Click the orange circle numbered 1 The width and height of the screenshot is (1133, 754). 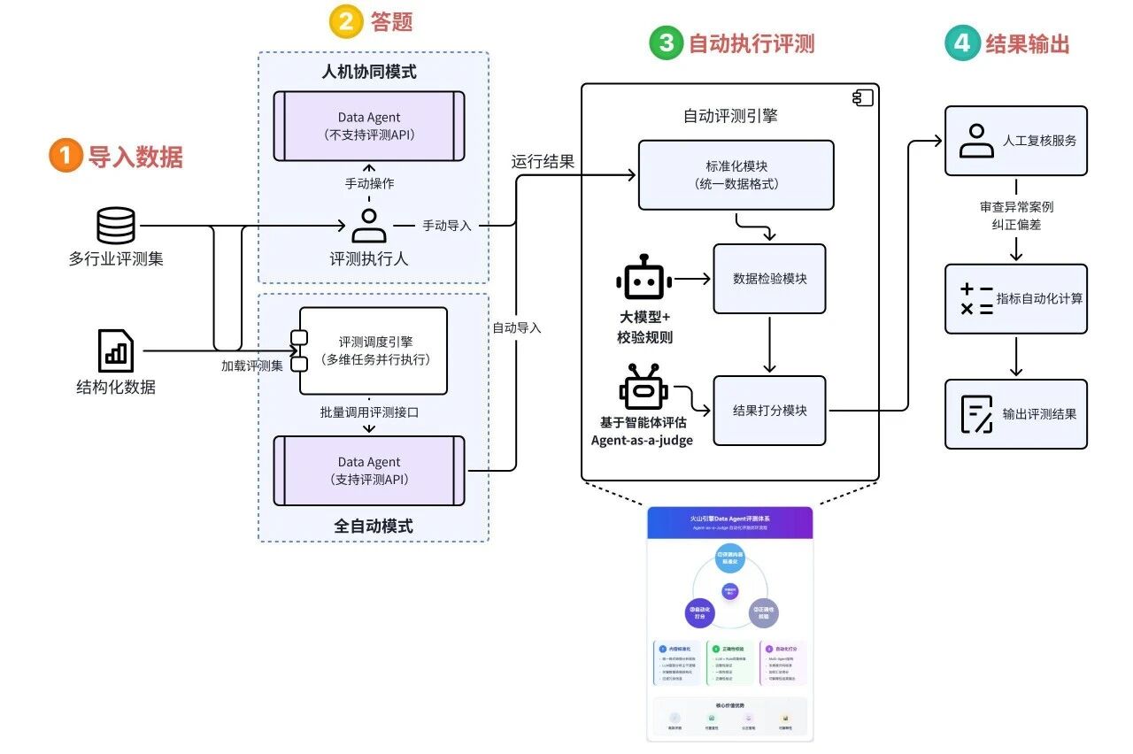[x=66, y=157]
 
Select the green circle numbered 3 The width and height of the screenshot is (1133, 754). [x=666, y=43]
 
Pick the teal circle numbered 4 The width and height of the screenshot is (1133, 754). [x=962, y=43]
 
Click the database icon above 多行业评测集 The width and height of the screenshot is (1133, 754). [x=116, y=226]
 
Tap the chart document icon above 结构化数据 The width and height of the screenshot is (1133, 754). [x=116, y=350]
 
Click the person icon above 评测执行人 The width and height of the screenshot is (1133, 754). [x=369, y=225]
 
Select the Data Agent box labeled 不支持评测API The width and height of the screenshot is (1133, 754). [x=369, y=126]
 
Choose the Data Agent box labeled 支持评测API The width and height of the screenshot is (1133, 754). [x=369, y=471]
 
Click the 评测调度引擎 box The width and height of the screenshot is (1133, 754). [x=374, y=350]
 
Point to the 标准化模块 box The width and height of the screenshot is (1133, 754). [x=736, y=174]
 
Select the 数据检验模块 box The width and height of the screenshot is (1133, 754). [x=769, y=279]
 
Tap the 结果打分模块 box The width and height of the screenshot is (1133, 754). [x=769, y=411]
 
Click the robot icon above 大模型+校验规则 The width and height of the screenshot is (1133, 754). [x=644, y=280]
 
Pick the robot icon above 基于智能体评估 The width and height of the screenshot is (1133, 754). [x=644, y=389]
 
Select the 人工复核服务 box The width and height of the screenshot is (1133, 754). [x=1015, y=141]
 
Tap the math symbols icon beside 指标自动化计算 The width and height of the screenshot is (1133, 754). [x=976, y=298]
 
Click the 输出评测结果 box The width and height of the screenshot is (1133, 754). [x=1015, y=413]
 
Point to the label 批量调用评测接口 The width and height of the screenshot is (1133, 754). [x=369, y=412]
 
